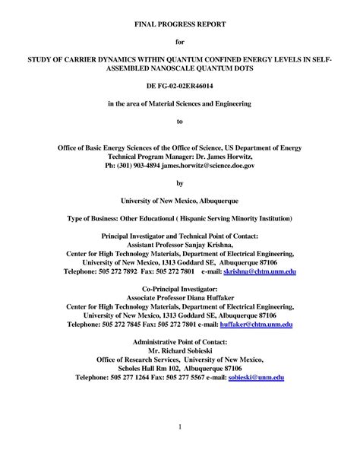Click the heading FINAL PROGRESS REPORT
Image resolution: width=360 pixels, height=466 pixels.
click(x=180, y=24)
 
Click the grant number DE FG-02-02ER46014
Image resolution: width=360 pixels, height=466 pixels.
click(x=180, y=88)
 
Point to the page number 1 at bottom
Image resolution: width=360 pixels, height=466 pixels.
click(x=180, y=428)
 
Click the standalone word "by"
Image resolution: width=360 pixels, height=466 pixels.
click(x=180, y=182)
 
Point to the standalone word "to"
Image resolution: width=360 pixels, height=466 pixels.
click(x=180, y=120)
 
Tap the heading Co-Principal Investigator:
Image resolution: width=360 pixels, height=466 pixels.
click(x=180, y=289)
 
